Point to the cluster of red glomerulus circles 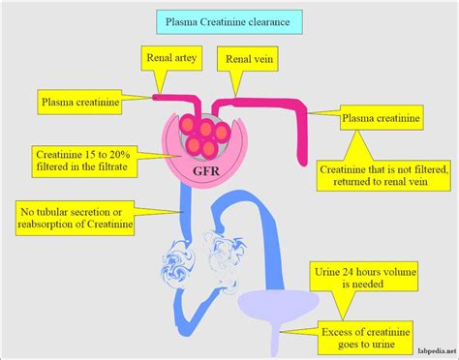coord(204,133)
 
